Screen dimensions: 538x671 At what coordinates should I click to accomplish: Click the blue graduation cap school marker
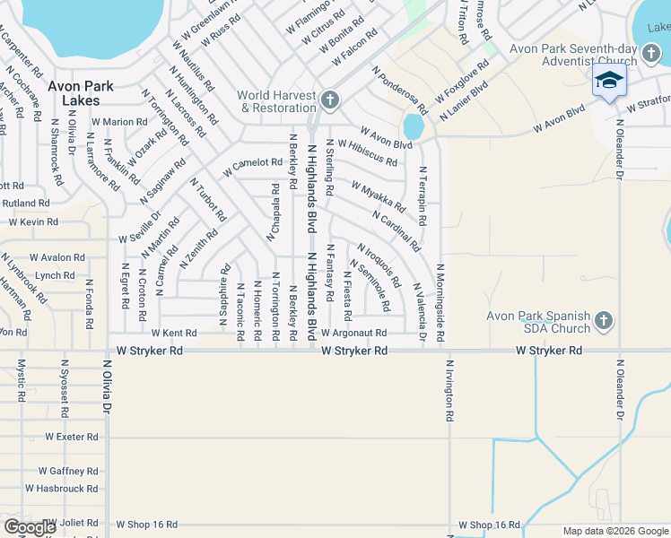tap(609, 81)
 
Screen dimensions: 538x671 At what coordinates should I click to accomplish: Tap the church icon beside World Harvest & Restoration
tap(330, 99)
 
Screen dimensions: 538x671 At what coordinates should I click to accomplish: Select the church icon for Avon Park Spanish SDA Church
tap(605, 320)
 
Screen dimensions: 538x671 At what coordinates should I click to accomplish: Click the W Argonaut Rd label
tap(353, 333)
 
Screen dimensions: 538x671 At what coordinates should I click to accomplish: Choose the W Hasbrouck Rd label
tap(61, 489)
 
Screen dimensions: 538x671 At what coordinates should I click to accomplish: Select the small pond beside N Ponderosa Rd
tap(413, 126)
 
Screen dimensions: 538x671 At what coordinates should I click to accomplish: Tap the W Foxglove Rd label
tap(462, 82)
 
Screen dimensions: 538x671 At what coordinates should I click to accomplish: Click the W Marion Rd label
tap(119, 122)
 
